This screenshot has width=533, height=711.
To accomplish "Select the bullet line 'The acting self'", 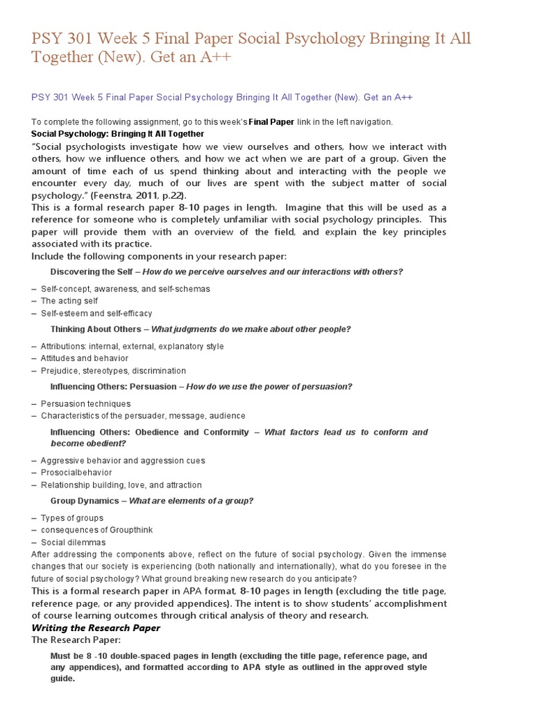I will pyautogui.click(x=69, y=301).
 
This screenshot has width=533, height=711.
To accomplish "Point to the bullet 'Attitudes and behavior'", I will pyautogui.click(x=85, y=358).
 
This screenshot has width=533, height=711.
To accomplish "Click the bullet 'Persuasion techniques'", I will pyautogui.click(x=85, y=403).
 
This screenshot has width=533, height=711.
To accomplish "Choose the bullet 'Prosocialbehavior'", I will pyautogui.click(x=76, y=473).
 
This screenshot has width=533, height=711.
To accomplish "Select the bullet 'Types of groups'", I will pyautogui.click(x=72, y=518).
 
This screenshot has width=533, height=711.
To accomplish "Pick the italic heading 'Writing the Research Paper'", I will pyautogui.click(x=96, y=628).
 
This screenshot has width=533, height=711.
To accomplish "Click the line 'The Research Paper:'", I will pyautogui.click(x=76, y=640).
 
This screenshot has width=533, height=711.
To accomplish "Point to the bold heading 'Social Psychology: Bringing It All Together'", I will pyautogui.click(x=118, y=133).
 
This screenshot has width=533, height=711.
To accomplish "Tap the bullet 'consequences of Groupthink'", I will pyautogui.click(x=96, y=530).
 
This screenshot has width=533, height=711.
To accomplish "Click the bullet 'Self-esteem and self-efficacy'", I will pyautogui.click(x=96, y=313).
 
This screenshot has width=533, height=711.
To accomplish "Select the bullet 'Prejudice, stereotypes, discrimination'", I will pyautogui.click(x=114, y=371).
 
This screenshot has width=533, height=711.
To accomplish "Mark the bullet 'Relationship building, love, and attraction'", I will pyautogui.click(x=121, y=485).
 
